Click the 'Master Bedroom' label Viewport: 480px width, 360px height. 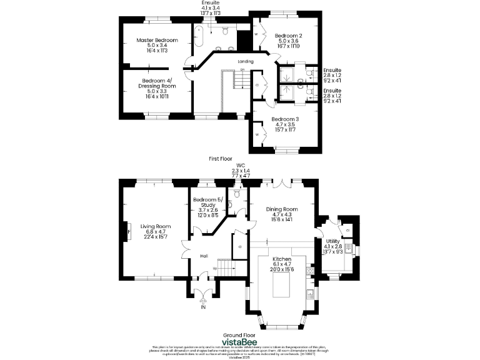[157, 40]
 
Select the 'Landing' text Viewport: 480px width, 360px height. [246, 61]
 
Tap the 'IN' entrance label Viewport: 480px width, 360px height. [202, 307]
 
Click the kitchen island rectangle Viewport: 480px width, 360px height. [281, 286]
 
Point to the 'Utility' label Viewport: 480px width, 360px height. [332, 241]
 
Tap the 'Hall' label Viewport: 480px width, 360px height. [204, 256]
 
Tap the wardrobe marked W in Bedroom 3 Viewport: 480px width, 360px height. [258, 134]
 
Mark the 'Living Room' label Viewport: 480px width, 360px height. [156, 226]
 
